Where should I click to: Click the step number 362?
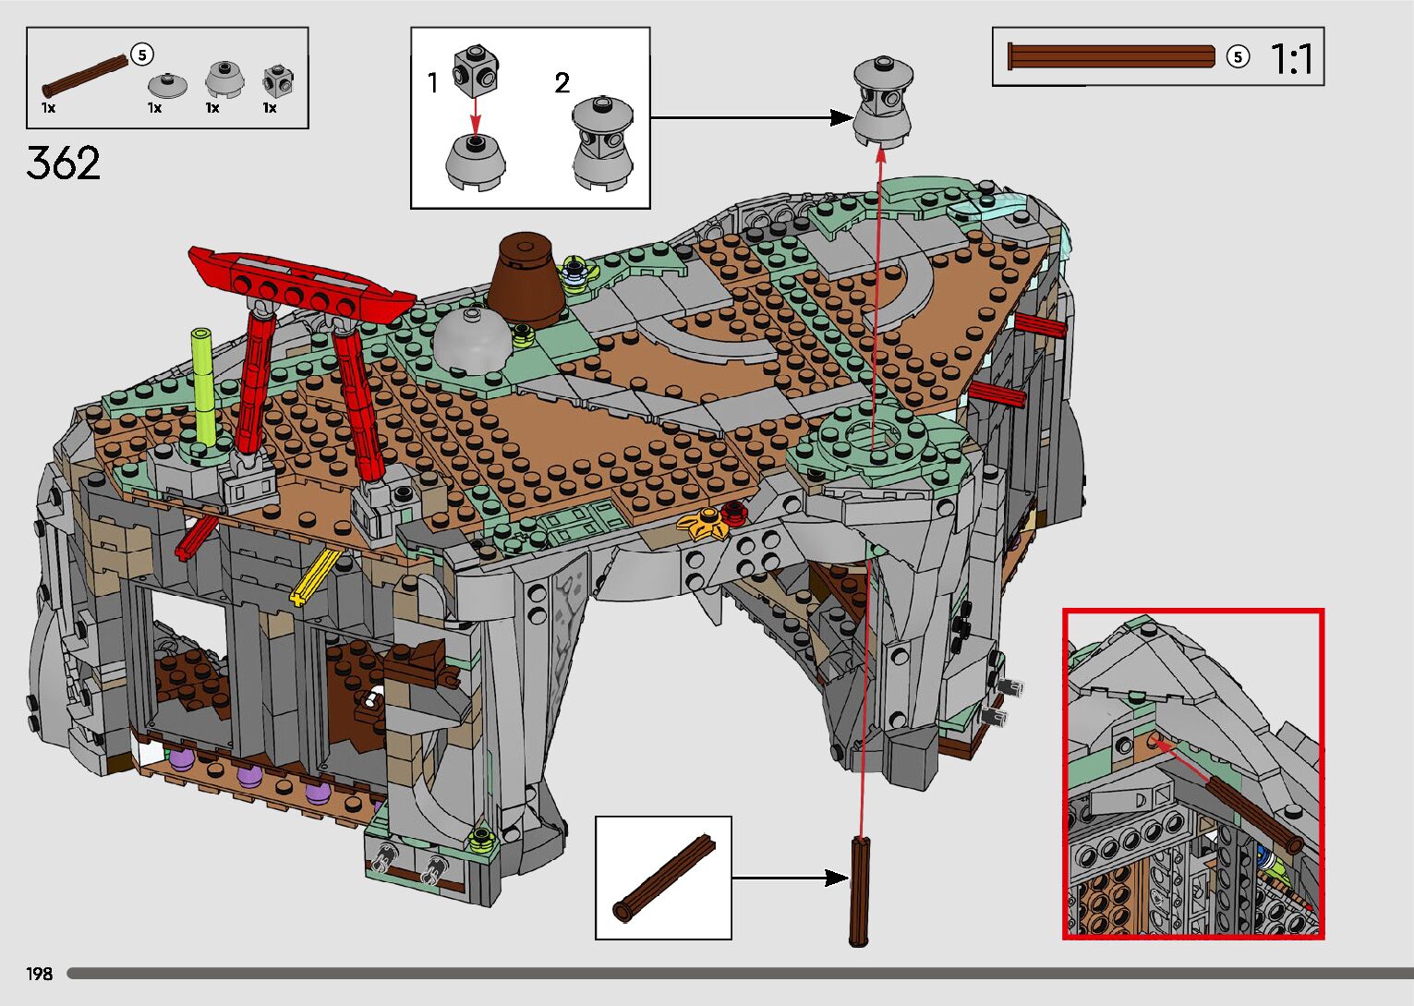[x=63, y=163]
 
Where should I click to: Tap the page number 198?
[x=39, y=973]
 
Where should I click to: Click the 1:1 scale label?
[x=1291, y=59]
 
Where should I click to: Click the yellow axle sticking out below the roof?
[x=315, y=576]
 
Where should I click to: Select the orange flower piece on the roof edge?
[x=702, y=524]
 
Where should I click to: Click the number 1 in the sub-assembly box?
[x=432, y=83]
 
